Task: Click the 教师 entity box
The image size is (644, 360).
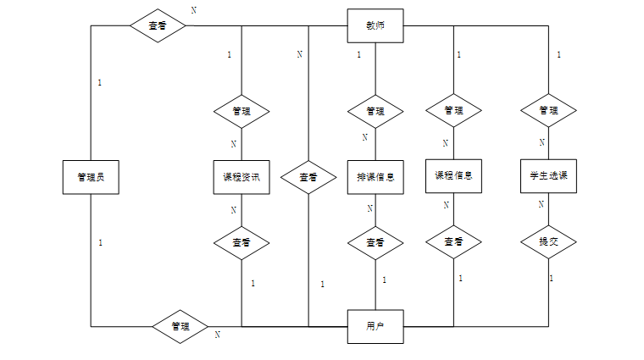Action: point(375,26)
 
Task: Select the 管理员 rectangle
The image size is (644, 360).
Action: point(91,177)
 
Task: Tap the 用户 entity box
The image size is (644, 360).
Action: point(375,327)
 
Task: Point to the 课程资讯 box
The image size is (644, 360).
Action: point(241,177)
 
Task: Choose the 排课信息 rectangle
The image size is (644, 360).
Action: point(375,177)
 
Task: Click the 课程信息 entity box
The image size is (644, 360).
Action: point(453,176)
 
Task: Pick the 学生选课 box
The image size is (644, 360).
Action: point(548,176)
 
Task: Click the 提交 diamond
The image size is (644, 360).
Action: point(548,241)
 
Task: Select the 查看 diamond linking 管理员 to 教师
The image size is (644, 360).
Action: point(158,25)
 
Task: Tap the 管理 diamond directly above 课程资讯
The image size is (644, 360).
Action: point(241,112)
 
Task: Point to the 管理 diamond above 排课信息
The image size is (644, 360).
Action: point(375,112)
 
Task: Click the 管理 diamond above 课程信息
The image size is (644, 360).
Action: point(453,110)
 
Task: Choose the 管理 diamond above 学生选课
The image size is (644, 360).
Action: point(548,110)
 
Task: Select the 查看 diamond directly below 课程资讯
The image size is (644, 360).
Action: point(241,243)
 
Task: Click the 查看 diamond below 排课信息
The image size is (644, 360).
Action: point(375,243)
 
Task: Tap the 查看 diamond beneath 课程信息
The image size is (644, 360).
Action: point(453,241)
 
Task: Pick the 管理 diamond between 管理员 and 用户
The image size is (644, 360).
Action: point(180,327)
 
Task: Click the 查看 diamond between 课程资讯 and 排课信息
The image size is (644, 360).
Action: point(308,177)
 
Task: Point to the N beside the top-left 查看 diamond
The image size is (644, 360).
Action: point(194,10)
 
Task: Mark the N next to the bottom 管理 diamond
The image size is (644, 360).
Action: point(218,335)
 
